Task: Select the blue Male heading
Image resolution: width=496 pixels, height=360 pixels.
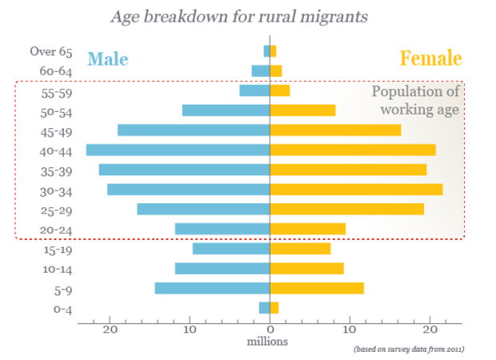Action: point(107,58)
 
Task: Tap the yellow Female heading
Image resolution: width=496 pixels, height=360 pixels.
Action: point(430,58)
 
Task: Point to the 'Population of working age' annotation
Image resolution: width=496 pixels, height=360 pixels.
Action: point(415,100)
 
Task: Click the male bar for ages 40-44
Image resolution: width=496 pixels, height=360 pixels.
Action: point(178,150)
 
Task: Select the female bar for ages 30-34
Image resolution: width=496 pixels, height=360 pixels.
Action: point(356,190)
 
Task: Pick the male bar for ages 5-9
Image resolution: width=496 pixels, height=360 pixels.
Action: point(211,289)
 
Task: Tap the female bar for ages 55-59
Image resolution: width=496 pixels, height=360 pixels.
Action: point(280,90)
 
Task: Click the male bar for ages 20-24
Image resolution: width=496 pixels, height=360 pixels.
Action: point(222,229)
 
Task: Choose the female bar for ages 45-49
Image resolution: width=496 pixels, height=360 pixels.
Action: point(335,130)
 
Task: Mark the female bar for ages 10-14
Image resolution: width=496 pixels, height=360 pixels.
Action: point(307,268)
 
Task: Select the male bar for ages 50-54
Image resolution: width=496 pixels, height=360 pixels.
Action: point(226,110)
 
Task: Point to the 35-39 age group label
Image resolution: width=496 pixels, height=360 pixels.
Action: point(57,170)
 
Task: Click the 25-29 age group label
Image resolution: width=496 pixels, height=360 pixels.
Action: point(57,210)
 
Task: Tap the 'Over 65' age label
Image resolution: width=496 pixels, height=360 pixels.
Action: point(51,51)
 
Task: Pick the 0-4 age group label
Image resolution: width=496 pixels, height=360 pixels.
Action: point(62,308)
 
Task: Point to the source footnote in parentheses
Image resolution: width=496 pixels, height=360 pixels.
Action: point(409,349)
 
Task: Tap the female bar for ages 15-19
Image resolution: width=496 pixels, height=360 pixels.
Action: point(301,249)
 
